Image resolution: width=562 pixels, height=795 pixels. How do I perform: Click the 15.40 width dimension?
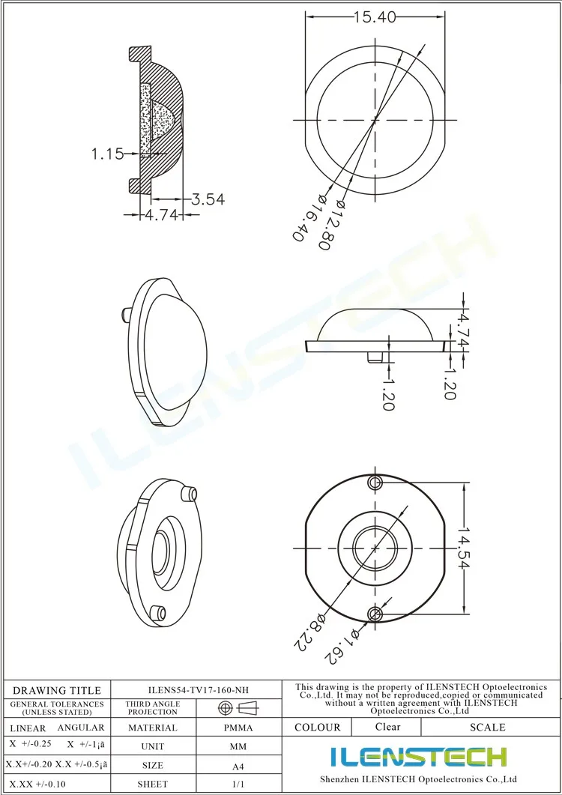click(375, 16)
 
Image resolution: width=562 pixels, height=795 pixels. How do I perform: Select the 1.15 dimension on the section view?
click(107, 154)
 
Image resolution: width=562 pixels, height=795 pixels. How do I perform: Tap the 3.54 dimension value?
click(208, 199)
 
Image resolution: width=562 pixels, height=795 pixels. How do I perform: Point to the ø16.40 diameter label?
click(306, 217)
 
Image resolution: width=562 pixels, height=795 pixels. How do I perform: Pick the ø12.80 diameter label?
click(330, 223)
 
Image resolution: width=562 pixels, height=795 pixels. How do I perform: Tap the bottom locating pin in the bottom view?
click(375, 614)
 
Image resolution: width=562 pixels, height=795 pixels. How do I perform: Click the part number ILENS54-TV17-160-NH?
click(196, 690)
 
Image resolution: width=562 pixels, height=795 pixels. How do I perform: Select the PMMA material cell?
click(238, 728)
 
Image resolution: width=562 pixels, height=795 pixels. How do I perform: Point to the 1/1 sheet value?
click(238, 785)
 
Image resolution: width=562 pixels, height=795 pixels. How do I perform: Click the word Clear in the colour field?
click(387, 727)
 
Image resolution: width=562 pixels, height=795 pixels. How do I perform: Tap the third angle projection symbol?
click(238, 707)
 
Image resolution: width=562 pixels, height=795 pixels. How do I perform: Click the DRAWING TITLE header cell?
click(57, 690)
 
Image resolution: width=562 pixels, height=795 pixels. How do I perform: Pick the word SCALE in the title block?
click(487, 727)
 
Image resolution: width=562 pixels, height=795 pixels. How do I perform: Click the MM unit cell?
click(238, 747)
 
